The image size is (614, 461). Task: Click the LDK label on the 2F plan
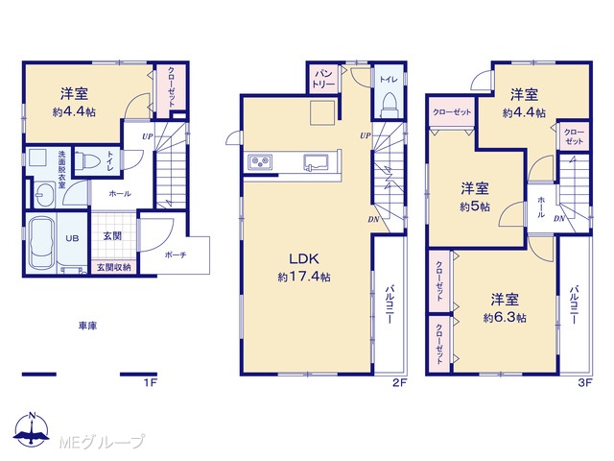[304, 258]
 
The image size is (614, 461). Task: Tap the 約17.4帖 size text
[304, 278]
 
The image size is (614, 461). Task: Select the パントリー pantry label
[324, 79]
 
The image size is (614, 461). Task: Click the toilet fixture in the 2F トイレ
[389, 105]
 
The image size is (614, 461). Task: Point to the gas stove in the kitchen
[260, 161]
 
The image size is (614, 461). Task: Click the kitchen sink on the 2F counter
[318, 162]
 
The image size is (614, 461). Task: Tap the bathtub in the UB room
[42, 243]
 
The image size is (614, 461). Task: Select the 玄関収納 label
[113, 267]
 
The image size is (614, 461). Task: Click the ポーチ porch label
[176, 255]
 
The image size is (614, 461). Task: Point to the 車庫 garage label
[87, 326]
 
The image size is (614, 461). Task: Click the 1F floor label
[150, 382]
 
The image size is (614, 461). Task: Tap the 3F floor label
[585, 382]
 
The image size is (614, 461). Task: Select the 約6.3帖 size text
[505, 318]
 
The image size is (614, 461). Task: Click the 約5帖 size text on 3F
[475, 206]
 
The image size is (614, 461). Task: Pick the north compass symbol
[32, 429]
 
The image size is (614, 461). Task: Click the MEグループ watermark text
[102, 442]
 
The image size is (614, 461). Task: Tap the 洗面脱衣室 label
[61, 169]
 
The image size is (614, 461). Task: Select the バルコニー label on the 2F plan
[390, 303]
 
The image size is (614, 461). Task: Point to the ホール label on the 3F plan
[541, 206]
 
